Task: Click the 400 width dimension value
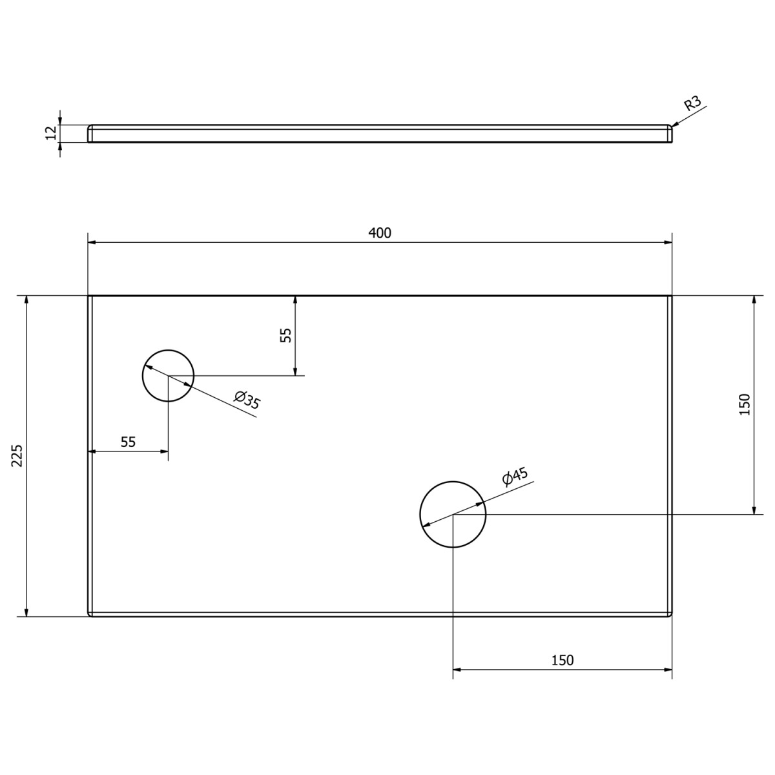[x=380, y=233]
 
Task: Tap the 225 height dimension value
[x=17, y=456]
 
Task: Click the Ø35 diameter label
[x=247, y=400]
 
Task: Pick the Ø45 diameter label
[x=515, y=477]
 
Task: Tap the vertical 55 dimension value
[x=286, y=335]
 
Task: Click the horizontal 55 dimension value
[x=128, y=442]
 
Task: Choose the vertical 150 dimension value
[x=744, y=404]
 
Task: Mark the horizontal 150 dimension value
[x=562, y=660]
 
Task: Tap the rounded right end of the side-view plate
[x=670, y=134]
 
